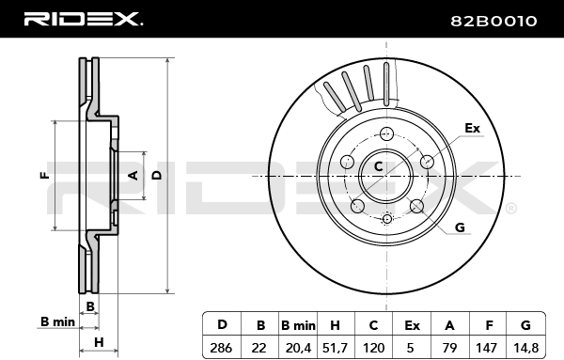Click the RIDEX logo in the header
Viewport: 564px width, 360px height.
coord(84,19)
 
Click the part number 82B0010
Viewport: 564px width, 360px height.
coord(493,22)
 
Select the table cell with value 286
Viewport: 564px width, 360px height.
coord(221,348)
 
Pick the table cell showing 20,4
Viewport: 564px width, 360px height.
coord(298,348)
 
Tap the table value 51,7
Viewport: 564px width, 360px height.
coord(335,348)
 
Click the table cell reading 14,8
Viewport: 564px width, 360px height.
coord(525,348)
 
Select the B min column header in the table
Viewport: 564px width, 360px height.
coord(298,325)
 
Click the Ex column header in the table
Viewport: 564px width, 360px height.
coord(412,325)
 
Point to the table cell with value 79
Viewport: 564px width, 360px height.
coord(449,348)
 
